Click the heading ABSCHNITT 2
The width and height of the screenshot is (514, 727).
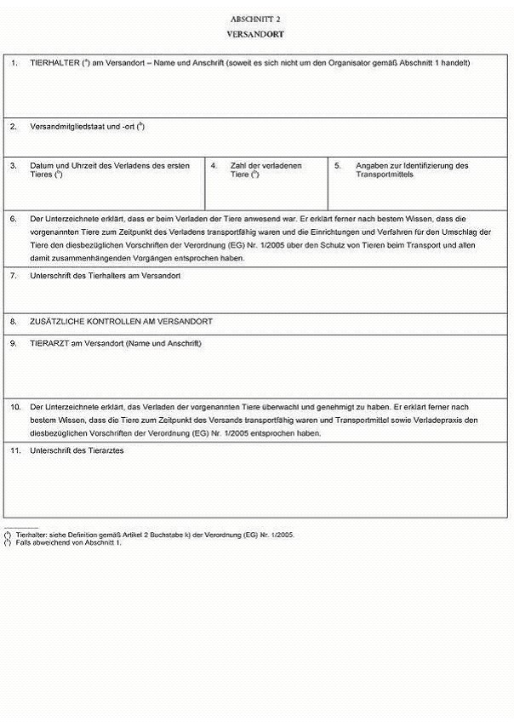256,18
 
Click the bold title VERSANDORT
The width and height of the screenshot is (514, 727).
256,34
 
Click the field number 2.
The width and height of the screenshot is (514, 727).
14,126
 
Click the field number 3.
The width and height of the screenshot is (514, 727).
14,165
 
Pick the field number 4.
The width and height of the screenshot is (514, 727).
214,165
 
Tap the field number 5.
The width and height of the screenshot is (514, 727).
337,165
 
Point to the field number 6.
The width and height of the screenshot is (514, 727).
14,219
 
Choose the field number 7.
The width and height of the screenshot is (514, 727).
14,276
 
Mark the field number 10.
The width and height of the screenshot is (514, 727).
15,407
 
